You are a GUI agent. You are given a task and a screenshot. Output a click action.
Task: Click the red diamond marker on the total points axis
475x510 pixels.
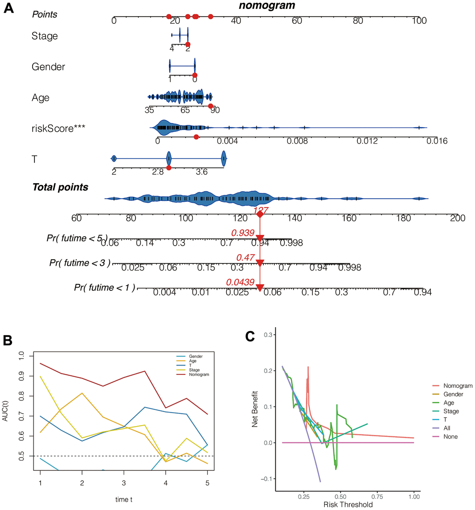pyautogui.click(x=260, y=214)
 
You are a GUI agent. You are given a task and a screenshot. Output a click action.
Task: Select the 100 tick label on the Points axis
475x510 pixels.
pyautogui.click(x=419, y=21)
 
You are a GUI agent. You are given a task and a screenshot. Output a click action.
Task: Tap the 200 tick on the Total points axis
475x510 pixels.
pyautogui.click(x=458, y=218)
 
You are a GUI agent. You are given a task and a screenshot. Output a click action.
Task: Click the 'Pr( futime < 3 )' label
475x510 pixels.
pyautogui.click(x=80, y=263)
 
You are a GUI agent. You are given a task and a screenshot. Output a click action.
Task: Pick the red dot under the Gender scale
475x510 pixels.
pyautogui.click(x=195, y=75)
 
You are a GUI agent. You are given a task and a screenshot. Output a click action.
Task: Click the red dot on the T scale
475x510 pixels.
pyautogui.click(x=169, y=167)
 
